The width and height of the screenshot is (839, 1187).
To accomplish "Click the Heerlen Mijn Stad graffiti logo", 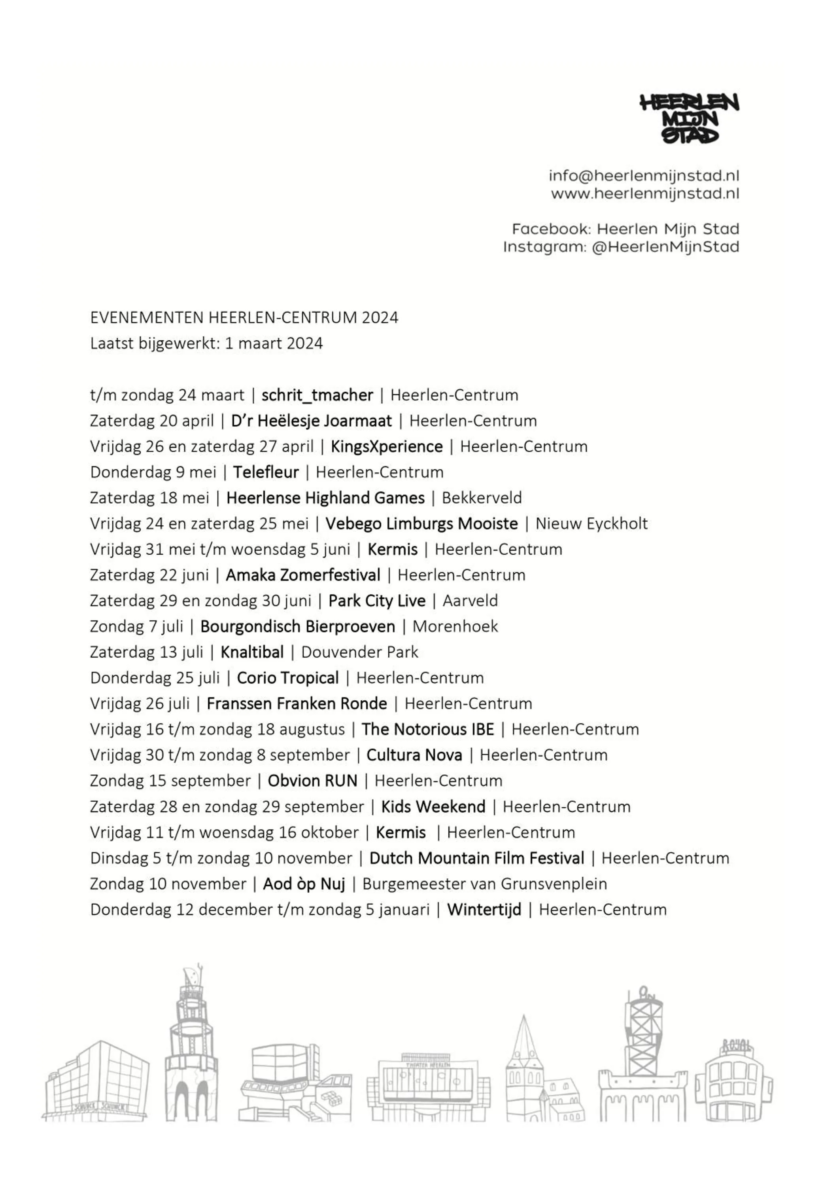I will click(x=690, y=118).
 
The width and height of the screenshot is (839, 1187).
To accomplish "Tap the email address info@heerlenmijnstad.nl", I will click(x=644, y=176).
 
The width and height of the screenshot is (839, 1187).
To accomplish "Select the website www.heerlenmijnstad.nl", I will click(x=645, y=194).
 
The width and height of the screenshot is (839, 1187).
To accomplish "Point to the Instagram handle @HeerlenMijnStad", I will click(x=665, y=247).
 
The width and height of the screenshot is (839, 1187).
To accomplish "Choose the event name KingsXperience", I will click(x=386, y=447).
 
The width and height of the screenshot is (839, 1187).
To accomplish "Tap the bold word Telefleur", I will click(x=266, y=472).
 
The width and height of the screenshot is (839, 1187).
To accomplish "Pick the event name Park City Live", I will click(x=377, y=601).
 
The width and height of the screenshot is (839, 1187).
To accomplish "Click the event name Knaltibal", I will click(x=252, y=652).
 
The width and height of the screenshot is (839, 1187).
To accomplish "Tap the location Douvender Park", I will click(x=359, y=652).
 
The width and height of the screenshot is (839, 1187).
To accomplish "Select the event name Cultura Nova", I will click(x=414, y=755).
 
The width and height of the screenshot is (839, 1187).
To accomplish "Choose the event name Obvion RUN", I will click(x=312, y=781).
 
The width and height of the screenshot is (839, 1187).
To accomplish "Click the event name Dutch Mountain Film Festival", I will click(x=477, y=858).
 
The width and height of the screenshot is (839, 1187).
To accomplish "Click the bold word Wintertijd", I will click(x=484, y=910).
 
